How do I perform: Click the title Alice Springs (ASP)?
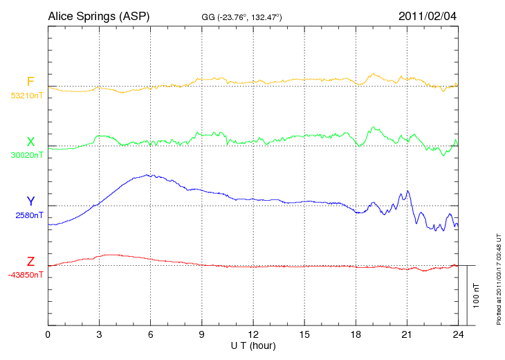click(98, 15)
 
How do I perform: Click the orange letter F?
click(30, 82)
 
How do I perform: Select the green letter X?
click(30, 141)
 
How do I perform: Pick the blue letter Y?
click(30, 201)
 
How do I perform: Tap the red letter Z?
click(30, 261)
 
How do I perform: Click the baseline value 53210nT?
click(27, 95)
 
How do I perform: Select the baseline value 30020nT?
click(27, 154)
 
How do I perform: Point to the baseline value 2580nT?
click(29, 215)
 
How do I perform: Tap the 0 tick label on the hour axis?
click(48, 335)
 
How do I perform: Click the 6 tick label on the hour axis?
click(150, 335)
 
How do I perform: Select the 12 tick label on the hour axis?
click(253, 335)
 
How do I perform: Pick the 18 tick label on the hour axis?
click(356, 335)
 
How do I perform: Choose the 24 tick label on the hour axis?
click(458, 335)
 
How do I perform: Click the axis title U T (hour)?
click(253, 345)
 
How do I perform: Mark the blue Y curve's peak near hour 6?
click(147, 175)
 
